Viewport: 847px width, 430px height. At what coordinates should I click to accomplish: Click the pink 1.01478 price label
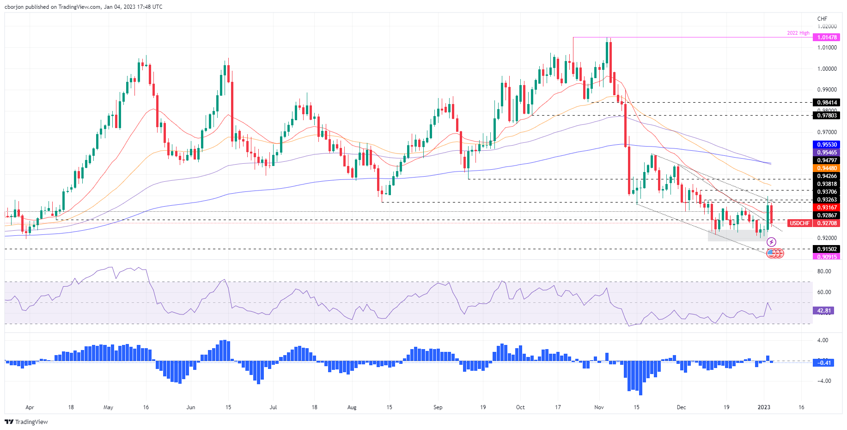tap(827, 37)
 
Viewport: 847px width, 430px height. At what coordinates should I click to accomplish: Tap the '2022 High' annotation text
tap(798, 33)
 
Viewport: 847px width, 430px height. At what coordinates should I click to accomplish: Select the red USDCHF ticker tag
tap(799, 223)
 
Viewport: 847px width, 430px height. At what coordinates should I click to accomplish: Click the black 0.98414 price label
tap(827, 103)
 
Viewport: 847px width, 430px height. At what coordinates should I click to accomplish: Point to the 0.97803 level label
tap(827, 116)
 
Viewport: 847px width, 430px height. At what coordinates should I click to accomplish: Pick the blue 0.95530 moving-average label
tap(827, 145)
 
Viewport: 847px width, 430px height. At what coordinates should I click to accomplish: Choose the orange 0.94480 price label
tap(827, 168)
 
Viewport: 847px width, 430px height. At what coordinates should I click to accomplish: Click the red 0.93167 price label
tap(827, 208)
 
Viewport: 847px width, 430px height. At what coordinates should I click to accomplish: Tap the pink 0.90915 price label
tap(827, 257)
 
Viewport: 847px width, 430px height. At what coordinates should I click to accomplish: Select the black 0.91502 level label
tap(827, 249)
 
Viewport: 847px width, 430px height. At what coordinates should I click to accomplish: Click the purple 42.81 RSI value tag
tap(824, 311)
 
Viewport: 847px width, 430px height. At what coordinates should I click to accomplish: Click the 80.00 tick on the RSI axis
tap(824, 271)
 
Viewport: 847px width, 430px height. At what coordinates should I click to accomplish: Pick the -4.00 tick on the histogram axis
tap(823, 381)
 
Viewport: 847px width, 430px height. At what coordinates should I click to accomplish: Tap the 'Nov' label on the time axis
tap(599, 407)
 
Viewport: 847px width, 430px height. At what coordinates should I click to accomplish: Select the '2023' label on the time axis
tap(764, 407)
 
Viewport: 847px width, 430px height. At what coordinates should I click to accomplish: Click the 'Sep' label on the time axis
tap(438, 407)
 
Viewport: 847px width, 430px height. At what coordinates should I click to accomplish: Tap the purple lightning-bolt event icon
tap(771, 242)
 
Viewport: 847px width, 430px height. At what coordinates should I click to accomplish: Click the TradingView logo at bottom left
tap(26, 422)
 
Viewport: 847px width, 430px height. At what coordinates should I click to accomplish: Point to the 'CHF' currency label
tap(822, 19)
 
